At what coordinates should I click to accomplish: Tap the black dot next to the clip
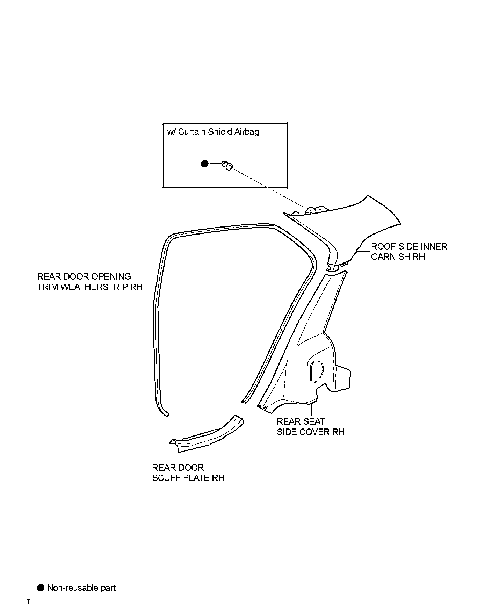(x=205, y=164)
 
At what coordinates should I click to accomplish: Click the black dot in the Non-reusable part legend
(x=41, y=587)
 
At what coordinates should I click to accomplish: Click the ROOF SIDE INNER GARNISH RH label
(x=409, y=251)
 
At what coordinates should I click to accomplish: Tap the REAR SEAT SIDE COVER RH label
(x=311, y=426)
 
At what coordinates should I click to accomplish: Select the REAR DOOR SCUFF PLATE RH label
(x=188, y=472)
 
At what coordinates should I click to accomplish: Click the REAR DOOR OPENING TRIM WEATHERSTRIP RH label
(x=90, y=282)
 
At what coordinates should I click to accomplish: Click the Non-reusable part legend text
(x=81, y=588)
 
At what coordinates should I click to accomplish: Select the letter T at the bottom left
(x=29, y=602)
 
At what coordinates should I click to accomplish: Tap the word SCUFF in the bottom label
(x=166, y=478)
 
